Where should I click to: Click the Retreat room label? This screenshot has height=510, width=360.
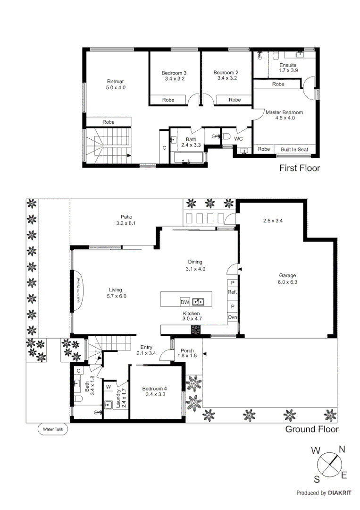tap(115, 81)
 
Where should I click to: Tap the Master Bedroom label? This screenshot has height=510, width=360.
tap(284, 112)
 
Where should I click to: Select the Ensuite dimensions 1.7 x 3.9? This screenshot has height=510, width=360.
tap(288, 70)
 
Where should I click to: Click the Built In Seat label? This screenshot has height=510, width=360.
tap(294, 149)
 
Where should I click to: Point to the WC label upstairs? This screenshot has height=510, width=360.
tap(238, 139)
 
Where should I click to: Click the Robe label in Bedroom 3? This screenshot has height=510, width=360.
tap(168, 100)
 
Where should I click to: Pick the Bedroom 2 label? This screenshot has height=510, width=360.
tap(226, 73)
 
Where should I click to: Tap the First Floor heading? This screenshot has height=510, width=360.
tap(300, 168)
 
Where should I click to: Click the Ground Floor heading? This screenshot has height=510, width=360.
tap(311, 429)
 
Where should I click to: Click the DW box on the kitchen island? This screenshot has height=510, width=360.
tap(184, 302)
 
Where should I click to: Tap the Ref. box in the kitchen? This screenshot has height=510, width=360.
tap(232, 292)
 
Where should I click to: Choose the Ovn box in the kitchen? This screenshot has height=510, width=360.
tap(232, 317)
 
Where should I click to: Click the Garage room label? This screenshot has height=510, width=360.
tap(287, 276)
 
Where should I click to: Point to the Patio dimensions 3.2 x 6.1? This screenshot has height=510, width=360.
tap(126, 223)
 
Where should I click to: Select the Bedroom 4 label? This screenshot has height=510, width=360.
tap(155, 389)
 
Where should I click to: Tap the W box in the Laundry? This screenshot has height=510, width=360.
tap(108, 387)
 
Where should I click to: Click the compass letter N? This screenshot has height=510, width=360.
tap(342, 449)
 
